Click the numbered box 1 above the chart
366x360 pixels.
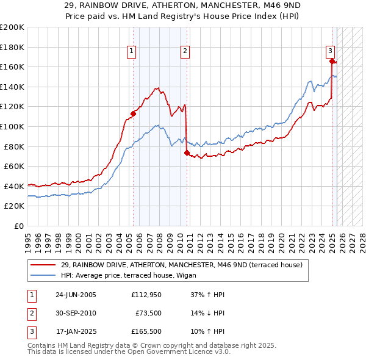point(132,52)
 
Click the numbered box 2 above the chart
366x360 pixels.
point(184,52)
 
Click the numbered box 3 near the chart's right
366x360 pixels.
point(329,51)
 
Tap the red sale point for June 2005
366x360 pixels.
point(133,113)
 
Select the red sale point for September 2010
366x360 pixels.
point(187,153)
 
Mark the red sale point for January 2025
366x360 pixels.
point(332,61)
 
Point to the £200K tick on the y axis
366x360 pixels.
point(12,27)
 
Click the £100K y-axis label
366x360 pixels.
point(12,126)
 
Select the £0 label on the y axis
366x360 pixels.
point(18,226)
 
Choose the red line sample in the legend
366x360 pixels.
point(43,265)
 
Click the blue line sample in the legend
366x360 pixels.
point(43,275)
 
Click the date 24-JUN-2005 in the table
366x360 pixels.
point(76,295)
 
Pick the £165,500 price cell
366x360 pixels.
point(147,333)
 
